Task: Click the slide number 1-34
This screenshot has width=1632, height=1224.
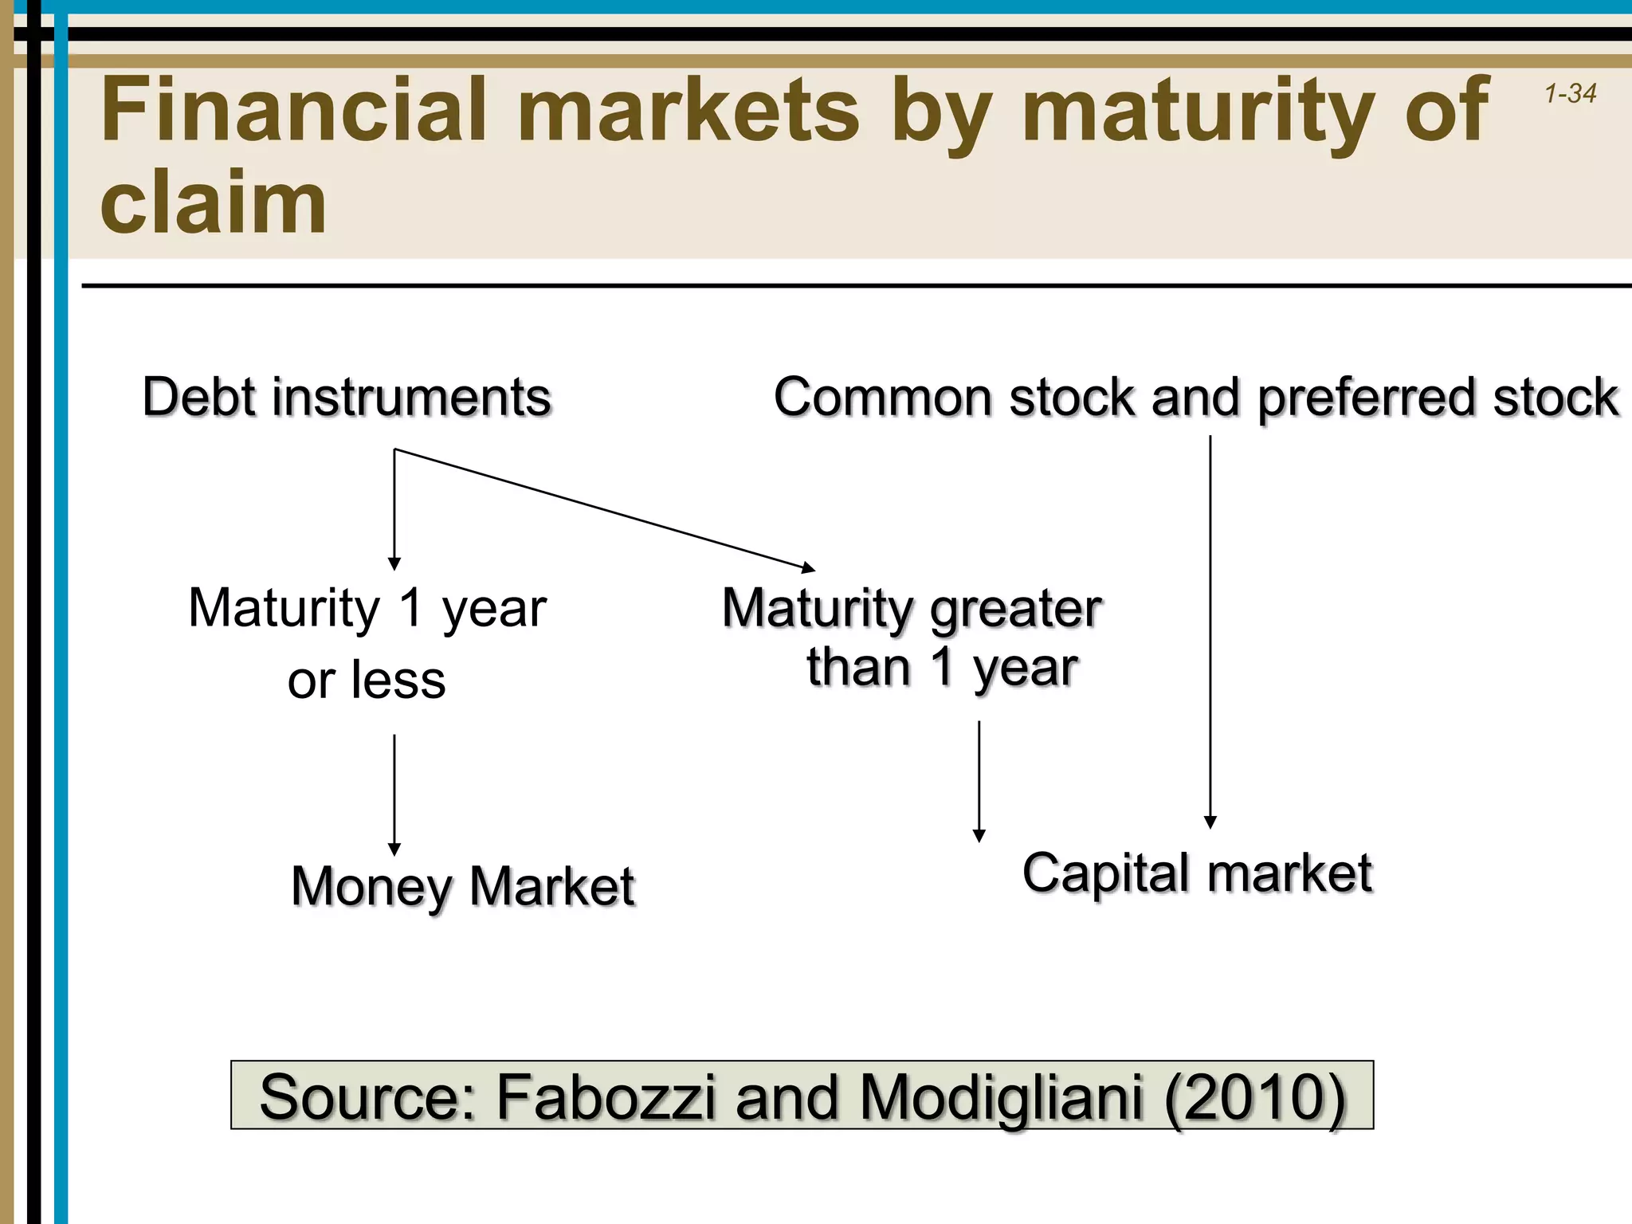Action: coord(1570,94)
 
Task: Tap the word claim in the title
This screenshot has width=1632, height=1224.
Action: coord(214,202)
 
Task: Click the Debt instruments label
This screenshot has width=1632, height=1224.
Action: coord(347,397)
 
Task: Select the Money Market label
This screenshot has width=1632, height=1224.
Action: coord(463,886)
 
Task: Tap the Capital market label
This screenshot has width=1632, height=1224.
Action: coord(1197,873)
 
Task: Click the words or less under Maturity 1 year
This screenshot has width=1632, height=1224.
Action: coord(367,681)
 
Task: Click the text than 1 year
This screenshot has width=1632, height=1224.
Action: coord(942,668)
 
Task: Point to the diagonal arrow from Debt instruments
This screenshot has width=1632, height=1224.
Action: coord(606,510)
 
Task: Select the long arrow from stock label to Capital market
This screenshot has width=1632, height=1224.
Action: coord(1210,630)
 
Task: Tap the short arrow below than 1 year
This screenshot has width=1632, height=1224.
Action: coord(979,781)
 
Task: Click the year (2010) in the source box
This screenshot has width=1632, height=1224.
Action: coord(1254,1096)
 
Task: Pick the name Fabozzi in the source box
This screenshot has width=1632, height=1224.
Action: coord(606,1096)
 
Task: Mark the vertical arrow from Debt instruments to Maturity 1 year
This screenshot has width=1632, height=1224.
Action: coord(394,510)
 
